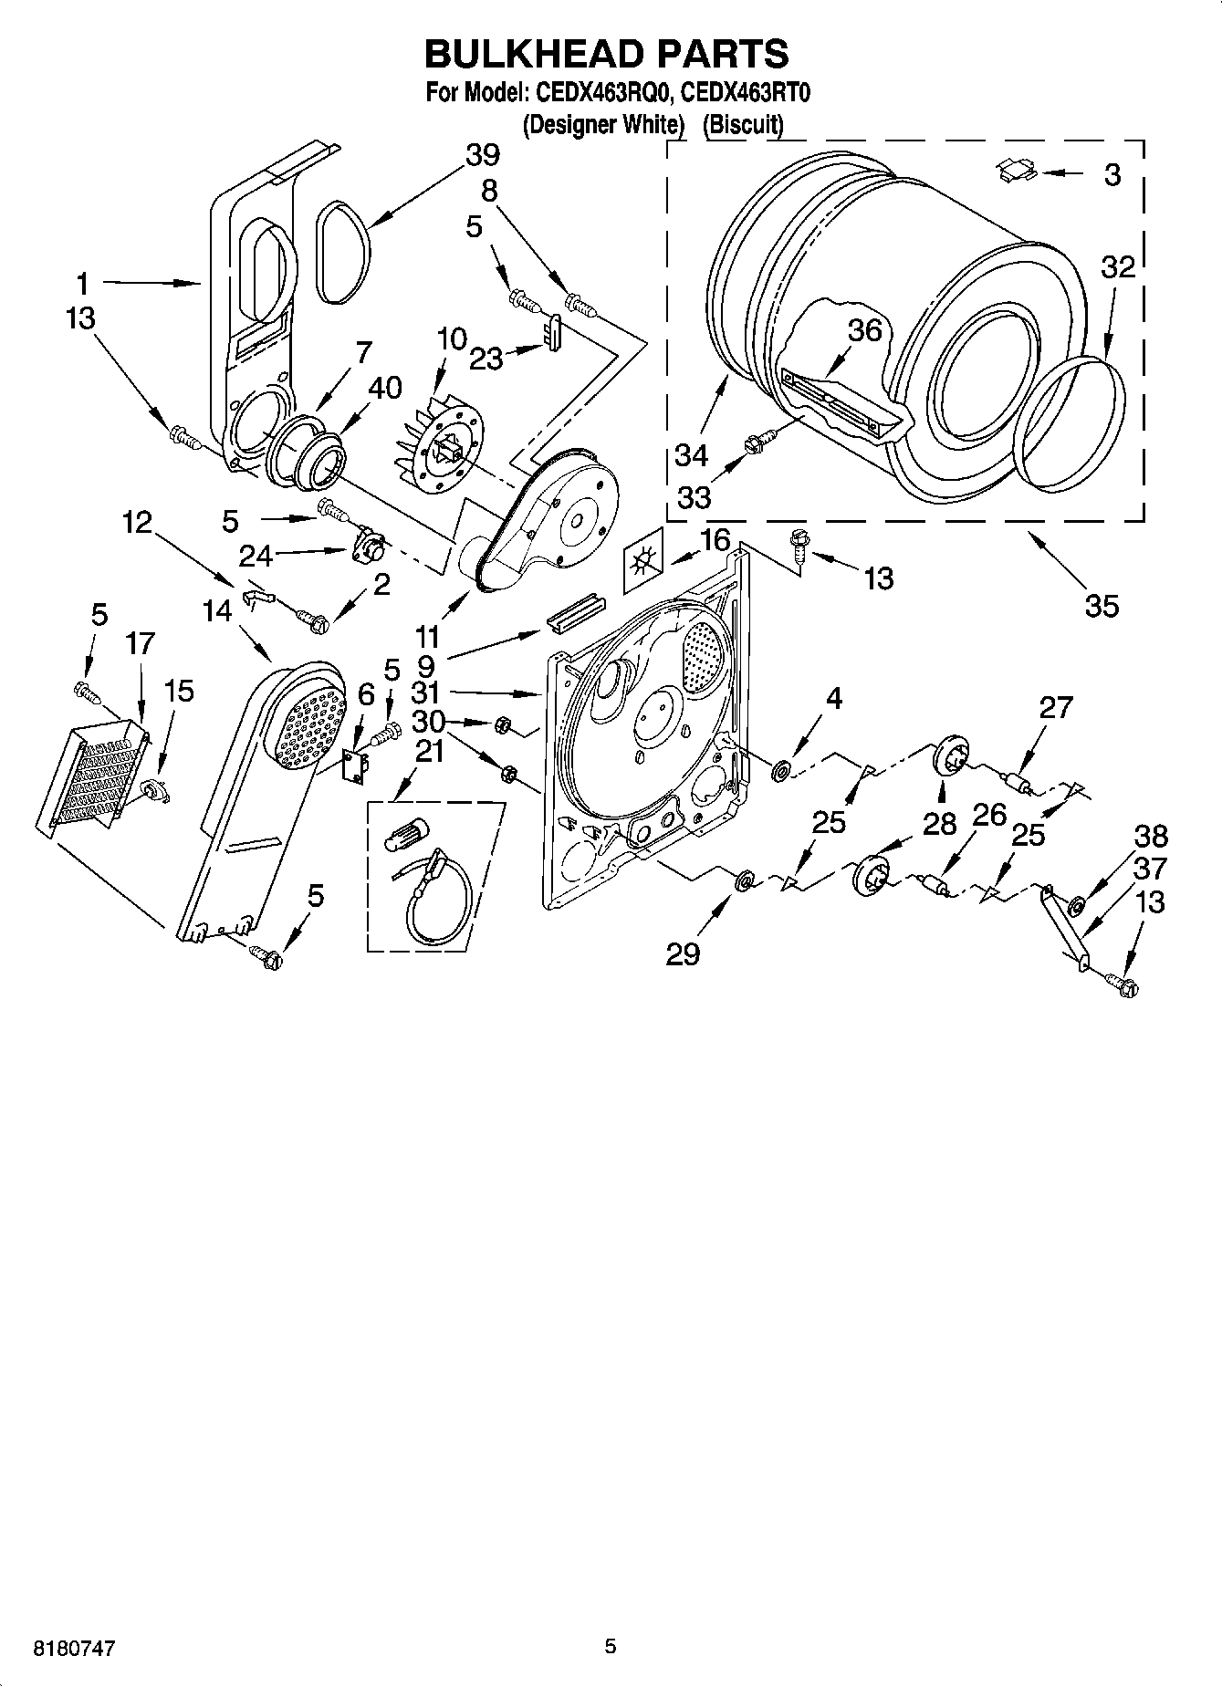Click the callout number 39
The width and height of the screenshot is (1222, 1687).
coord(482,155)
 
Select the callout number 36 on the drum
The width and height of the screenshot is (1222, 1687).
coord(863,330)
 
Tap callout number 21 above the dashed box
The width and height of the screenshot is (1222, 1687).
coord(429,752)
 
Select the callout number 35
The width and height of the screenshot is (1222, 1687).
coord(1102,605)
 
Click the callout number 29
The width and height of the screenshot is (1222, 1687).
coord(682,954)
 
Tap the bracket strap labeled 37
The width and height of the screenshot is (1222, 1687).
coord(1063,926)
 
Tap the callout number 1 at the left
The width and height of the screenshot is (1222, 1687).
coord(82,284)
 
